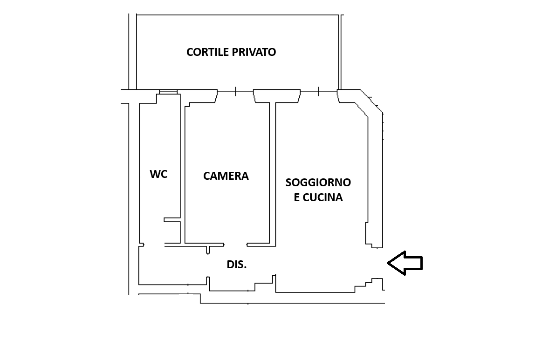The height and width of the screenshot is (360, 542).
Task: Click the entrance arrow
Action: point(405,263)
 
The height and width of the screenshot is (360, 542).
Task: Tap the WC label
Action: point(158,174)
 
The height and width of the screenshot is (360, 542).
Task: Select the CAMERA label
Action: point(226,176)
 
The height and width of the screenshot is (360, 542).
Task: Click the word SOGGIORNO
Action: point(318,183)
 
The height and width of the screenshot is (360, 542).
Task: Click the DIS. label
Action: point(237,265)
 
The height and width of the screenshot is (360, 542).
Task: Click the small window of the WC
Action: point(168,92)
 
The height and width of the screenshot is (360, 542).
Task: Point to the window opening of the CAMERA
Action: point(235,92)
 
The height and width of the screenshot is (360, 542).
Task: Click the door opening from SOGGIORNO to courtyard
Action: point(319,92)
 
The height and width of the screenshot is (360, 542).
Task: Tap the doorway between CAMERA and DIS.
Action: point(235,244)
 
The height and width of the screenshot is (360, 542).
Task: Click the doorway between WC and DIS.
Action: point(154,244)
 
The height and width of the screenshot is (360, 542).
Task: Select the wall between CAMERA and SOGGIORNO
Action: point(273,172)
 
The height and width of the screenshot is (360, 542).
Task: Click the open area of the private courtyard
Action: point(238,70)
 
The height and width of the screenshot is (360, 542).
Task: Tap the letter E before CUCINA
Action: point(297,197)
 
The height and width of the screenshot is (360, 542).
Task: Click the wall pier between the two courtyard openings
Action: point(277,95)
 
